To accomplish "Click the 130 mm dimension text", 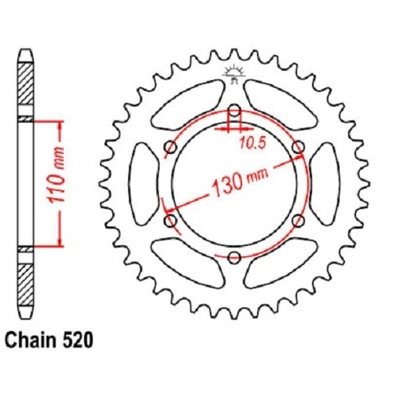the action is (240, 181).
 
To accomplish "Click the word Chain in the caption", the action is (31, 340).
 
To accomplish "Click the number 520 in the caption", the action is (76, 340).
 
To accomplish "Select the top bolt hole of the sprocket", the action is (234, 110).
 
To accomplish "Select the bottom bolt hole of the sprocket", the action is (234, 258).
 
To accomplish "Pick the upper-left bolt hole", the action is (171, 147).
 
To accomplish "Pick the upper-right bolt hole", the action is (298, 147).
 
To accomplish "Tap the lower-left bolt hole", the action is (171, 221).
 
